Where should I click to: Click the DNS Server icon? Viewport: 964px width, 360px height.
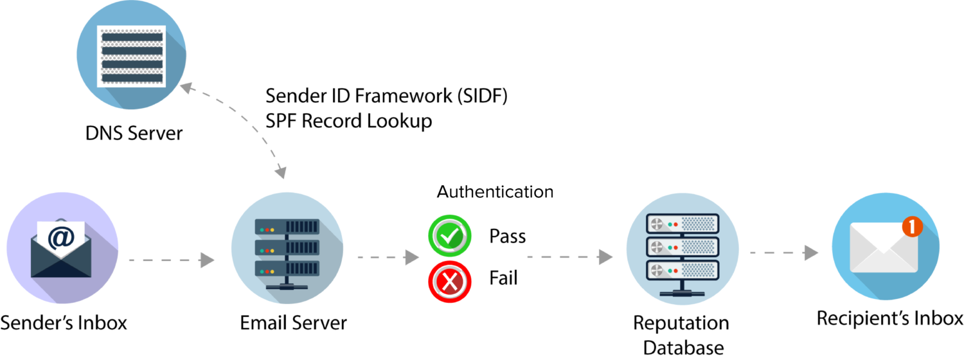click(x=131, y=54)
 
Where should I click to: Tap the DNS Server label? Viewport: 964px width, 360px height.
click(x=134, y=133)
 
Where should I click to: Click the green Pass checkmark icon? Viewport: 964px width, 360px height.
click(x=450, y=236)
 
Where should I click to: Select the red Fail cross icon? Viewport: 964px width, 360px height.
click(x=450, y=282)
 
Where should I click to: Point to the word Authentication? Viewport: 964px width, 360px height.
click(x=495, y=192)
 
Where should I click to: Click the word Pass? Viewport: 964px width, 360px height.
click(x=508, y=237)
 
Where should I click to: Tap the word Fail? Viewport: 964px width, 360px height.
click(x=503, y=278)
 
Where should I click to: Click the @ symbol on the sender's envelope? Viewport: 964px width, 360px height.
click(x=60, y=238)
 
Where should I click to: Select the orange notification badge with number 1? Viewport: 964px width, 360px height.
click(x=913, y=226)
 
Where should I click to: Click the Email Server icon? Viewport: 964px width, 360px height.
click(x=287, y=248)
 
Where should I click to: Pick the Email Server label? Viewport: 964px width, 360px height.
click(x=293, y=323)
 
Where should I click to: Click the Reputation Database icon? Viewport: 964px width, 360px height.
click(x=683, y=249)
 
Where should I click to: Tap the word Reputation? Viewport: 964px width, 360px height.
click(x=681, y=323)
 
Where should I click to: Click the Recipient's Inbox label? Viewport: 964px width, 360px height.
click(x=889, y=318)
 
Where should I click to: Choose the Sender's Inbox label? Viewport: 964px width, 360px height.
click(x=64, y=323)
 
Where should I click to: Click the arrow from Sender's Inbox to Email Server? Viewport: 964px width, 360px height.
click(x=172, y=260)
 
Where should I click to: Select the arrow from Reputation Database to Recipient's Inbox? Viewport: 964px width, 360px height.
click(x=784, y=253)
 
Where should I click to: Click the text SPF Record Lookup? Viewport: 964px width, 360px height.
click(x=348, y=121)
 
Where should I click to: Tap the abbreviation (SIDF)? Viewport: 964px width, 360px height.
click(x=482, y=96)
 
